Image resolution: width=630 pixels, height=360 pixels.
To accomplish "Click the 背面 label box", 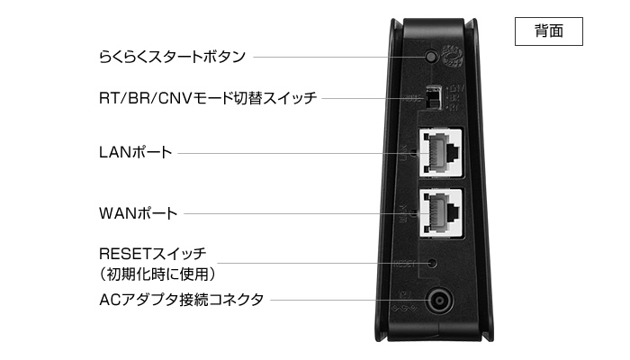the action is coord(548,31).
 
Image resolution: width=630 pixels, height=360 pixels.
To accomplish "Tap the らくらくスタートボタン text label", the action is coord(172,57).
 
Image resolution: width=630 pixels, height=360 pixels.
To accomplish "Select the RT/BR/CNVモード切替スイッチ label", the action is coord(208,98).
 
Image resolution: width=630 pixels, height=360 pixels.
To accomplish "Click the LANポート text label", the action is coord(135,152).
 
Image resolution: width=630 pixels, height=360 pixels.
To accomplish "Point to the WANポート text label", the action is coord(139,213).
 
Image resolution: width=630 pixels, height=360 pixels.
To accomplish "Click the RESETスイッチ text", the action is coord(153,254).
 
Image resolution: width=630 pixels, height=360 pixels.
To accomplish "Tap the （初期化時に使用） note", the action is coord(157,274).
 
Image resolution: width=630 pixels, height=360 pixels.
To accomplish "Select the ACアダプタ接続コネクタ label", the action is coord(181,300).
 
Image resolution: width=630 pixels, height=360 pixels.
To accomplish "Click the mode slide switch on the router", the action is coord(433,97).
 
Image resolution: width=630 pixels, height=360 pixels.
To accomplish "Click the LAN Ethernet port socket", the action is coord(441,152).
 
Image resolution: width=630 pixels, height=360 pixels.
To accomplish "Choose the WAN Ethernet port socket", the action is coord(441,212).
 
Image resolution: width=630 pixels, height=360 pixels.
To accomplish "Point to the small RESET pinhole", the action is coord(432,263).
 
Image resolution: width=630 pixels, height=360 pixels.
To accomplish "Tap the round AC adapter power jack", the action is coord(439,301).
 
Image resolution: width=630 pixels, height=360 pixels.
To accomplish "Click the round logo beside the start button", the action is coord(453,56).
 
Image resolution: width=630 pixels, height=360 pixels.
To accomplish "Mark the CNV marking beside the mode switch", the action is coord(456,87).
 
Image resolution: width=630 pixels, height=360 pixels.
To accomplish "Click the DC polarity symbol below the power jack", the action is coord(404,309).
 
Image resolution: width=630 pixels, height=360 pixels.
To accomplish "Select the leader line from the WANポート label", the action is coord(301,213).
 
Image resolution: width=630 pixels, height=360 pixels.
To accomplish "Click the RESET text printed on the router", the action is coord(405,264).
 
